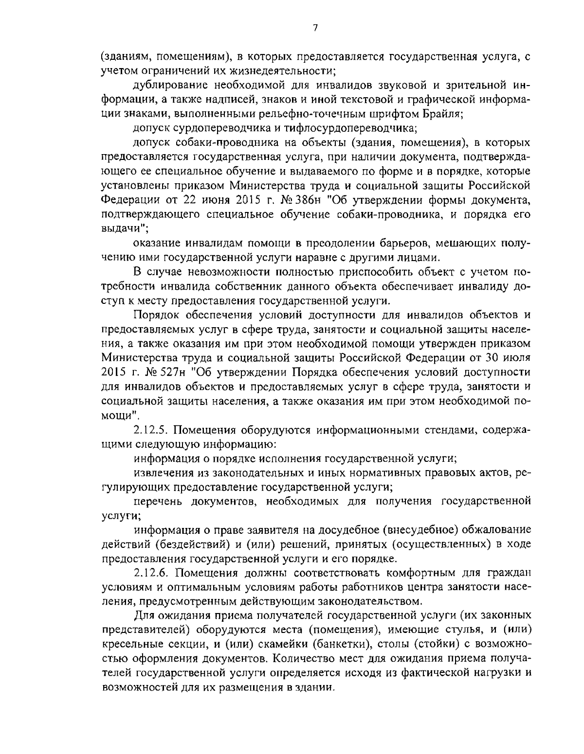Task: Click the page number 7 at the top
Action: click(x=315, y=28)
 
